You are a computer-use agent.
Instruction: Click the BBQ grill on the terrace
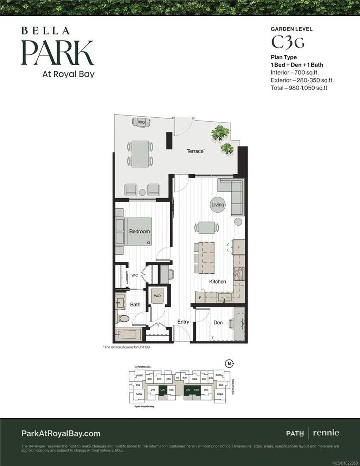(141, 122)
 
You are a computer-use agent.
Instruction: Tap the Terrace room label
(195, 151)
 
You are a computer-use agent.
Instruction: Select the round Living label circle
(218, 205)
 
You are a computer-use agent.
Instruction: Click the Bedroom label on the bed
(139, 231)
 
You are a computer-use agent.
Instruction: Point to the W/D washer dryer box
(157, 296)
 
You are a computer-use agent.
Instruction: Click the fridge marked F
(239, 247)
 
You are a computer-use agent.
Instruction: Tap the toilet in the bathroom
(124, 319)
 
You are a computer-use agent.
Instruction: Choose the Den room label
(218, 322)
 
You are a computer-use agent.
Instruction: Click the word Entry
(183, 322)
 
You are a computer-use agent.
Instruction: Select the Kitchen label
(218, 281)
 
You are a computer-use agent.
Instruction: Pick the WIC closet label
(135, 276)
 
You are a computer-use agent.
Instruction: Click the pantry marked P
(200, 298)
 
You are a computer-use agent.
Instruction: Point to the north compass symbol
(229, 364)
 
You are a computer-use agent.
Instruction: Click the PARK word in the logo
(58, 53)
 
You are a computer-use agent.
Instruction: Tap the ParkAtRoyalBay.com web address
(61, 434)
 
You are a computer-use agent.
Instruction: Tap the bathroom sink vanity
(120, 302)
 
